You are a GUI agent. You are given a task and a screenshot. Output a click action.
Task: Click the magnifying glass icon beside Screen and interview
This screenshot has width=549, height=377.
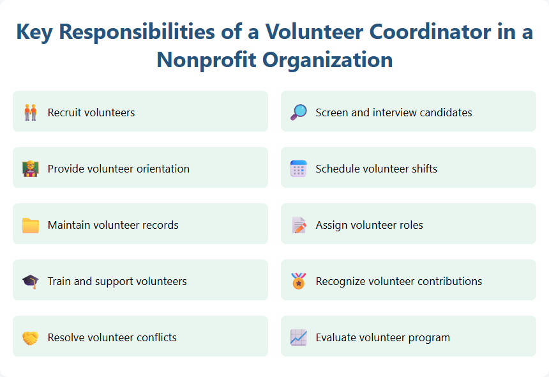[298, 112]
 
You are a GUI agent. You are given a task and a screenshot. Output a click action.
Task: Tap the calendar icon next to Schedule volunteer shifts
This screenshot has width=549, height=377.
[298, 169]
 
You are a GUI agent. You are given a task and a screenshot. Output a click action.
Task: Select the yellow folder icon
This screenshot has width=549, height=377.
[30, 225]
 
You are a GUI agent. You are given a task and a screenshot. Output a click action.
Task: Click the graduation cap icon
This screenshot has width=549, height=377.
[30, 281]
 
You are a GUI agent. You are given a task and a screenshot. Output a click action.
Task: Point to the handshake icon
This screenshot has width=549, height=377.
[30, 337]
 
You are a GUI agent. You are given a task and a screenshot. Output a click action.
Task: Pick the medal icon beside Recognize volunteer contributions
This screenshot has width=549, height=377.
[298, 281]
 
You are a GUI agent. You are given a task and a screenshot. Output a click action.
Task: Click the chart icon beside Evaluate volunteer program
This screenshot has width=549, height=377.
[298, 337]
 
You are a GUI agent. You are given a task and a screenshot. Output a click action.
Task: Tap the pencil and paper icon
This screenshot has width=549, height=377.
[298, 225]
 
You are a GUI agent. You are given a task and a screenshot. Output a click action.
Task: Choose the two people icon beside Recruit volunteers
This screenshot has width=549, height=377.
[30, 112]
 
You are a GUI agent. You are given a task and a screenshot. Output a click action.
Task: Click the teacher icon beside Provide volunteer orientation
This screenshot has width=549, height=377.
[30, 169]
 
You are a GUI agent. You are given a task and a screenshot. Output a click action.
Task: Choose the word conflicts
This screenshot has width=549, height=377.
[155, 337]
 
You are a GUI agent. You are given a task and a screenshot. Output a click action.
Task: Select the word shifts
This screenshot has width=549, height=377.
[424, 169]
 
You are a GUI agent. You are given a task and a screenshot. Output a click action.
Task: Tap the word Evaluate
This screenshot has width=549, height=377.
[336, 337]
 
